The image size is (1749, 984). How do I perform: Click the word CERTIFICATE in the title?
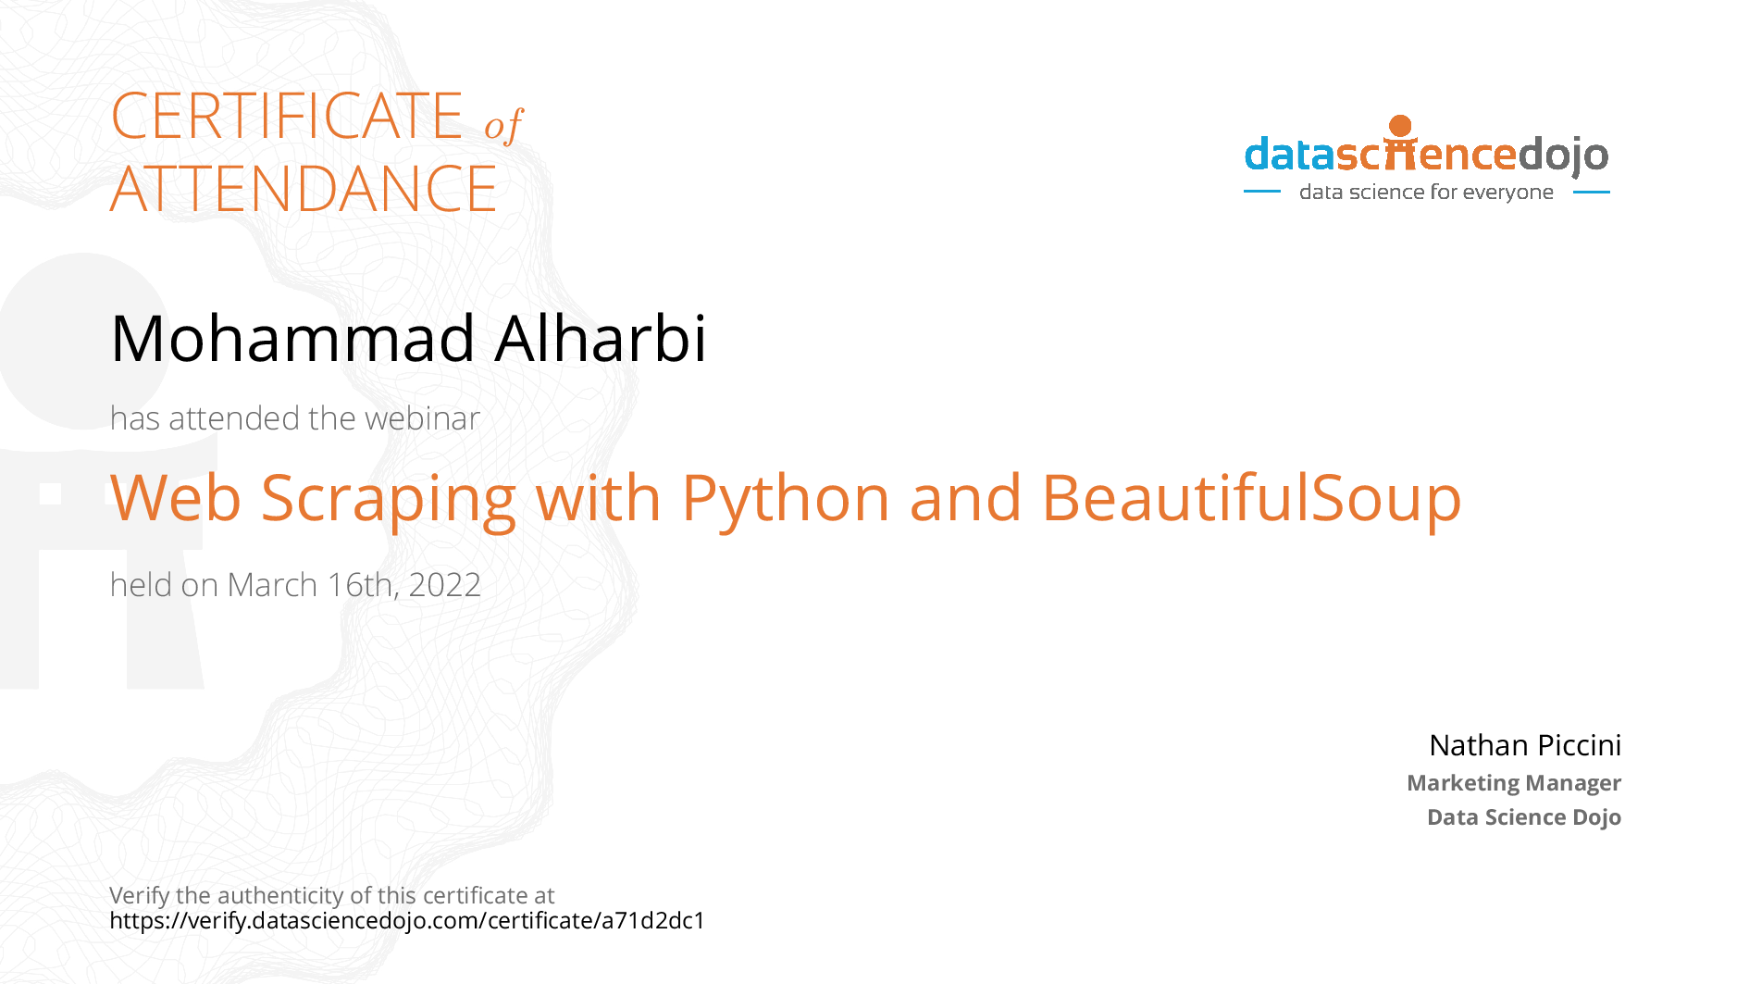tap(287, 116)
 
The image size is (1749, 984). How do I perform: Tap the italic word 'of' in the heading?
tap(503, 125)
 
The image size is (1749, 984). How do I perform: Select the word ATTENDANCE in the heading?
tap(304, 189)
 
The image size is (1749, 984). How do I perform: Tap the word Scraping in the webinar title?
tap(389, 500)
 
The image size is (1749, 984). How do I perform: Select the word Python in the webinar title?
tap(786, 500)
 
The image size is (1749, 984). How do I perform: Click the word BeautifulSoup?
tap(1251, 500)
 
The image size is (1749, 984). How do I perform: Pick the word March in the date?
tap(272, 585)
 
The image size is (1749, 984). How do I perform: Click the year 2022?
tap(444, 585)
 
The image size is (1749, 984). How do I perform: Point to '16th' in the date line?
tap(364, 586)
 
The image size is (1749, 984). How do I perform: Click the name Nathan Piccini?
tap(1525, 745)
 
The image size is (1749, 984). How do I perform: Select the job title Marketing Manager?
tap(1514, 783)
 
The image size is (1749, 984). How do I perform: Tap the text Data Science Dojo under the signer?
tap(1524, 817)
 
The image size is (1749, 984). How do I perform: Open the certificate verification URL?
tap(407, 921)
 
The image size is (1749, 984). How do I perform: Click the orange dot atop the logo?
tap(1401, 126)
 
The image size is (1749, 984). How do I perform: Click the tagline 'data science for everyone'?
tap(1426, 192)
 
